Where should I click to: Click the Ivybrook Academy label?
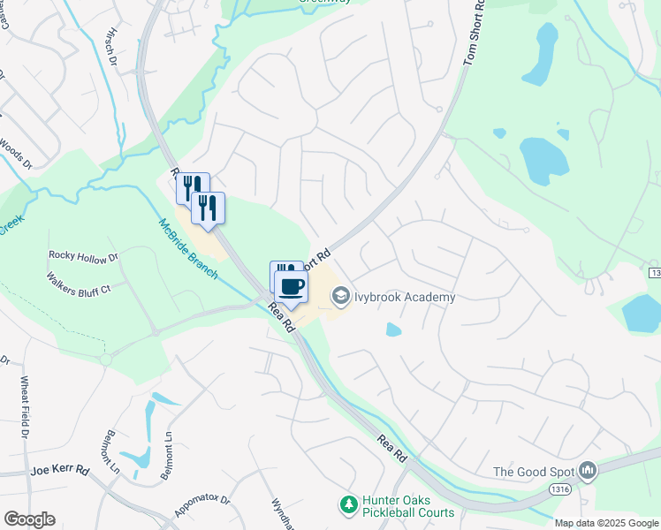406,297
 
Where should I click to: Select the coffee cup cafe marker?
292,285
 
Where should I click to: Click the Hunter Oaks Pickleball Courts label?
408,506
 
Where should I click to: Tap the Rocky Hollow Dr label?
83,257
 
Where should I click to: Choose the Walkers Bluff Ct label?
79,282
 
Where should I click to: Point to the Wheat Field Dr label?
24,407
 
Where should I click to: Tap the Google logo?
29,519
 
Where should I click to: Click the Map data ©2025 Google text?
606,523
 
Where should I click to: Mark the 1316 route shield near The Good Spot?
558,488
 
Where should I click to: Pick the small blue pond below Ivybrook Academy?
393,329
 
